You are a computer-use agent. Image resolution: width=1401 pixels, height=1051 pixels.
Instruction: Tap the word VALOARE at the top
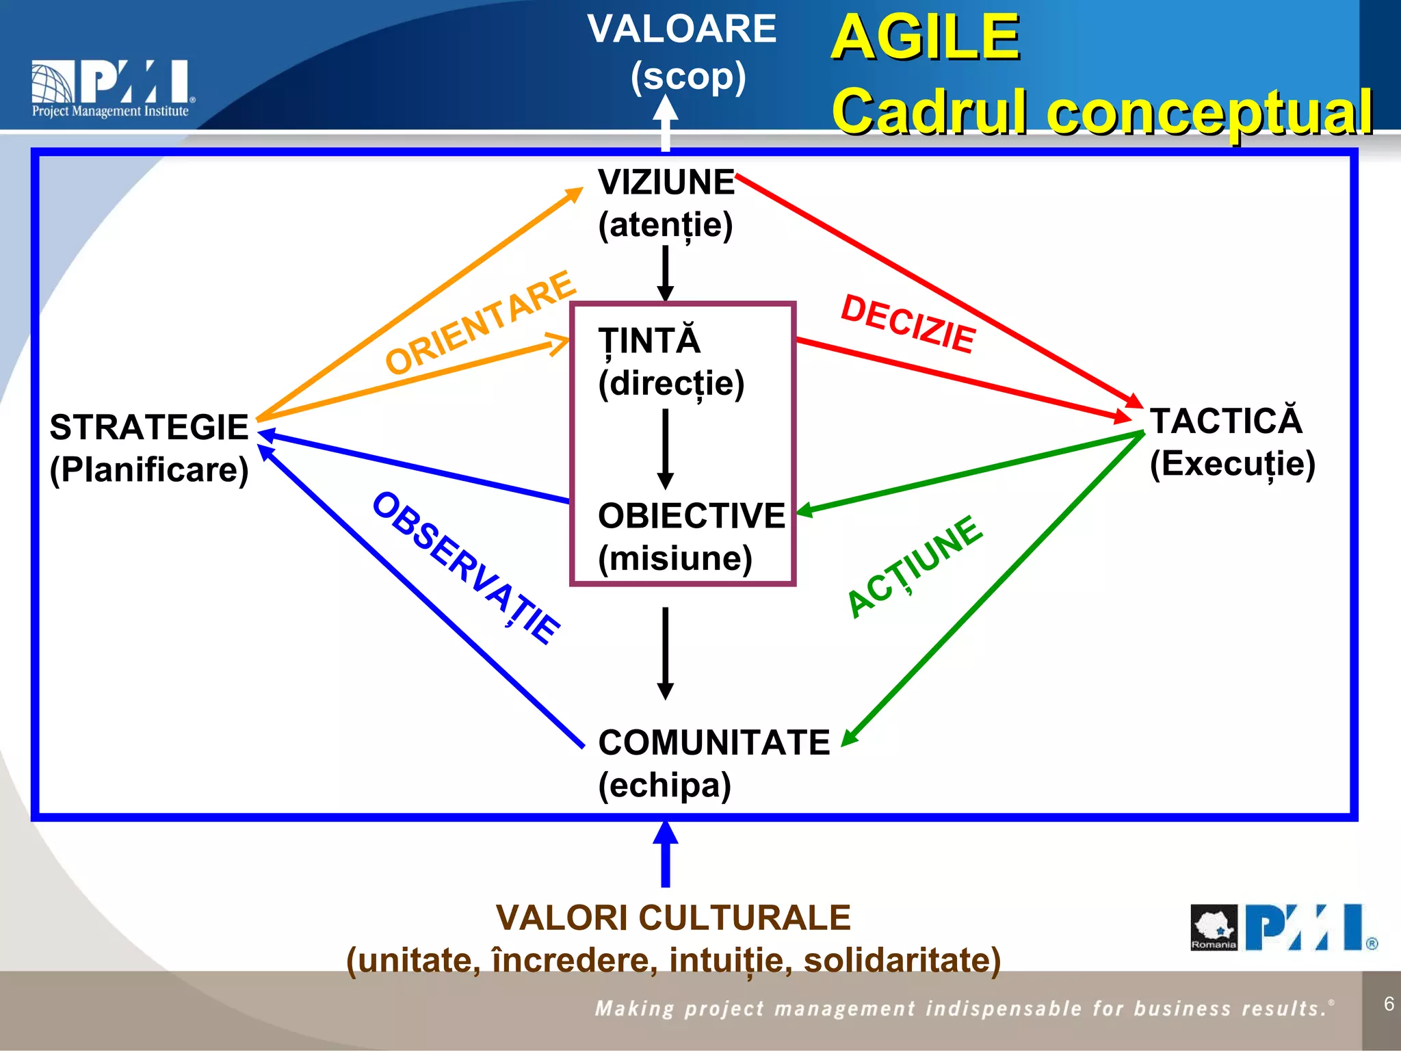click(681, 29)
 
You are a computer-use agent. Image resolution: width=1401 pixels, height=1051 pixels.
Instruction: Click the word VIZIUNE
click(666, 183)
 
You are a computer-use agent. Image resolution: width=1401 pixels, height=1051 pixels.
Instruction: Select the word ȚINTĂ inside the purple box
click(649, 341)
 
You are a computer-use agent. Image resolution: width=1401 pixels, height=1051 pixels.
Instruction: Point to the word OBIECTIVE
click(691, 516)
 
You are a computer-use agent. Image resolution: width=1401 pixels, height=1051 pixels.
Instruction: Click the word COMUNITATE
click(713, 742)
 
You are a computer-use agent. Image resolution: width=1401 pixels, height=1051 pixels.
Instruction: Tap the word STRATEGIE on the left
click(149, 428)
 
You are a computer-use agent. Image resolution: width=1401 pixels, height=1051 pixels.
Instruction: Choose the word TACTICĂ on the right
click(1226, 421)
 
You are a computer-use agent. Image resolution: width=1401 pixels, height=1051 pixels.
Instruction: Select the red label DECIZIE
click(908, 324)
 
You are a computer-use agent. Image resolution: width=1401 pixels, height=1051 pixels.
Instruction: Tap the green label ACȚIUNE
click(915, 567)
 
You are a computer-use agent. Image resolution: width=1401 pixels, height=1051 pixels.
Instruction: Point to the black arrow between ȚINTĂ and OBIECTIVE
click(665, 448)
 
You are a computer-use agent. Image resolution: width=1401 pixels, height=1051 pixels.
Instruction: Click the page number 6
click(1388, 1004)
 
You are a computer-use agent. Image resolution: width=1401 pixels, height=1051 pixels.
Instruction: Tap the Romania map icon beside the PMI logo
click(1214, 927)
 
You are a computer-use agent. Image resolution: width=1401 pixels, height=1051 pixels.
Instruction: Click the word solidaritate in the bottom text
click(902, 960)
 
